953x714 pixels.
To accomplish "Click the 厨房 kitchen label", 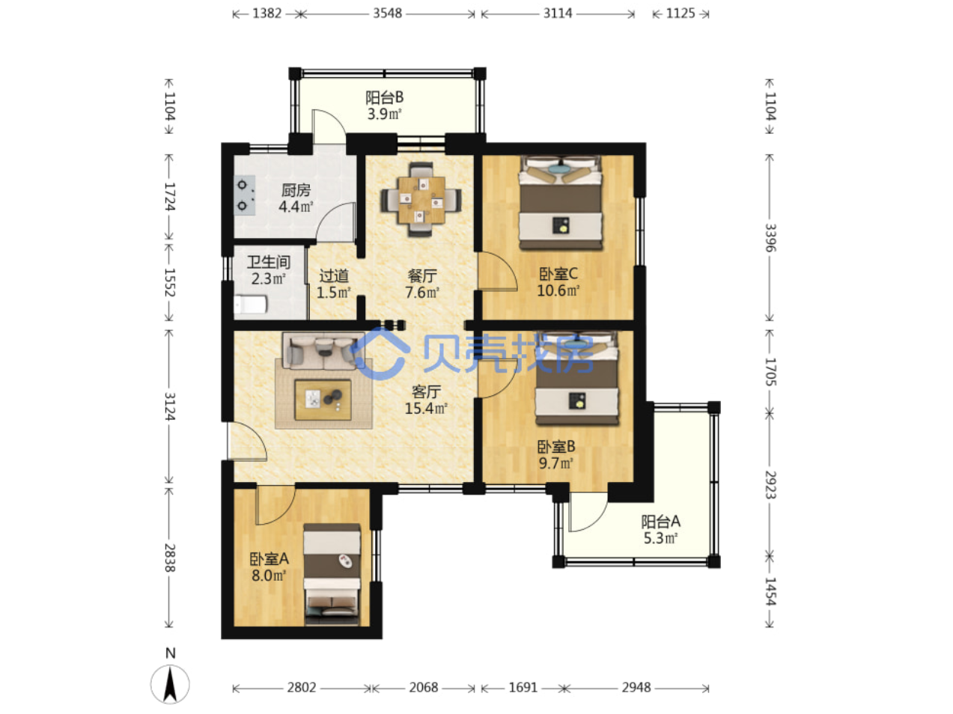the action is (x=296, y=190).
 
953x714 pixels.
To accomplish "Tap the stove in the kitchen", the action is (x=244, y=195).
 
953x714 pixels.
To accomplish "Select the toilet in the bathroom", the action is (x=251, y=305).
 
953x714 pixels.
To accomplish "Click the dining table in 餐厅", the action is (x=421, y=200).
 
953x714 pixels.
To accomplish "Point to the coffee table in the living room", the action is (x=323, y=400).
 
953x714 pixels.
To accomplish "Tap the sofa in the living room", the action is (x=323, y=351).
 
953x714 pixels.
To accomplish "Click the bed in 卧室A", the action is (x=332, y=574).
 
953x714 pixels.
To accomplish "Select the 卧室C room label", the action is (x=558, y=273).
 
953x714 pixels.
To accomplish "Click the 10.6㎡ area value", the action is (x=558, y=290).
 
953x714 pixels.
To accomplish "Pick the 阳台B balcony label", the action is (x=384, y=97).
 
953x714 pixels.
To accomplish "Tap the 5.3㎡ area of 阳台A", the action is (x=660, y=538).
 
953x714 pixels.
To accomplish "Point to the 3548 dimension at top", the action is (x=387, y=13).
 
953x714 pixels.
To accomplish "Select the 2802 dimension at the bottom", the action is (x=301, y=688).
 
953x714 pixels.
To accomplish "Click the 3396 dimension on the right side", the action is (x=770, y=237).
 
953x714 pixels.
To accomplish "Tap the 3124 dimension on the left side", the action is (x=169, y=406).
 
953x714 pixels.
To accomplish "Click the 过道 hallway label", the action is (x=333, y=275).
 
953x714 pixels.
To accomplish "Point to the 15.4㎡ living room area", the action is (x=425, y=409).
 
